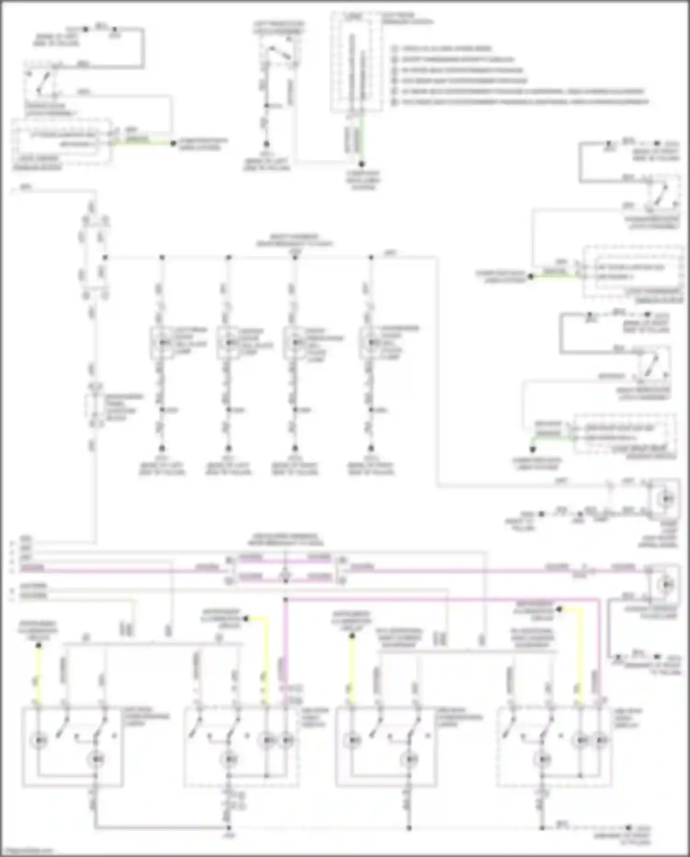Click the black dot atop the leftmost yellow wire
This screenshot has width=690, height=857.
[39, 645]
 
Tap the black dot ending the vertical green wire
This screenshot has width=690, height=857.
[362, 164]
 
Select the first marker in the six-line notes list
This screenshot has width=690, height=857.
[395, 48]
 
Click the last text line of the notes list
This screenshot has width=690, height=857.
[525, 102]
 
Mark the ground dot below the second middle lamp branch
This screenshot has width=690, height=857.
[228, 448]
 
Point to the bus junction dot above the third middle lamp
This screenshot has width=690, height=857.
[295, 257]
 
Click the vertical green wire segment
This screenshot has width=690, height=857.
[362, 138]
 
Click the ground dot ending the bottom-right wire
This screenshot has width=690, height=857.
[628, 828]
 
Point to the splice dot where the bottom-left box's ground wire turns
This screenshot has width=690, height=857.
[228, 828]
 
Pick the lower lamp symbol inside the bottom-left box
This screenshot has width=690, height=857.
[96, 758]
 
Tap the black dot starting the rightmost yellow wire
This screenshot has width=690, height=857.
[559, 609]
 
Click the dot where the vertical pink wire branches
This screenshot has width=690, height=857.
[285, 600]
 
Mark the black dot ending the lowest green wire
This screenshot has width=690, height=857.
[533, 449]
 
